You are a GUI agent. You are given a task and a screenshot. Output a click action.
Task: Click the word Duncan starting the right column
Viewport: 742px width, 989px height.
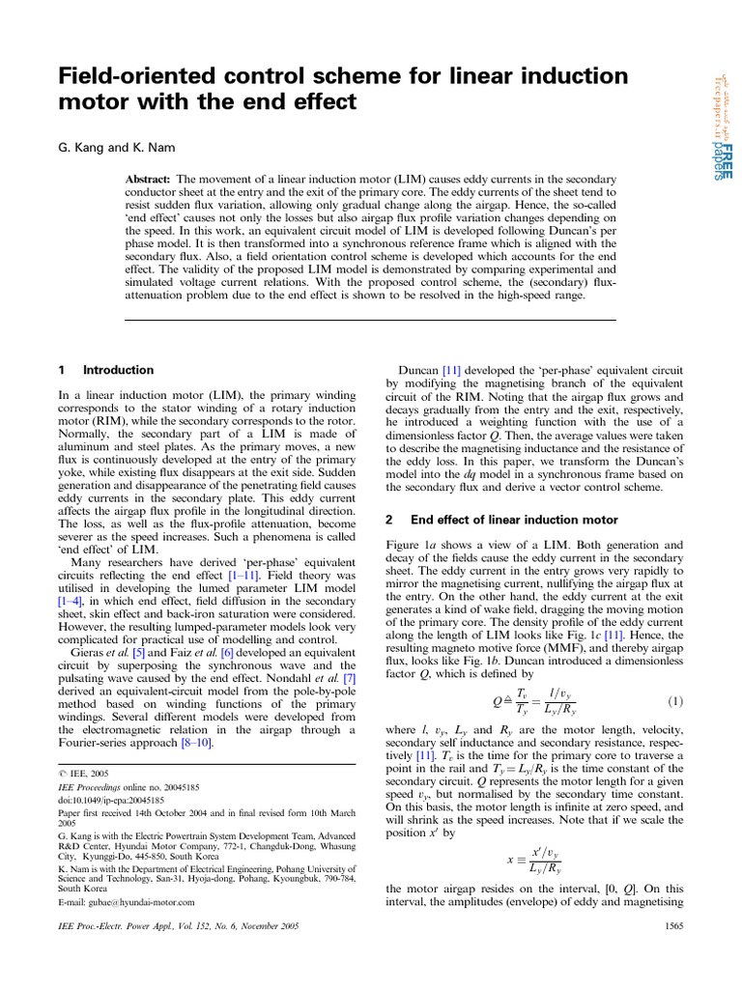tap(419, 370)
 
